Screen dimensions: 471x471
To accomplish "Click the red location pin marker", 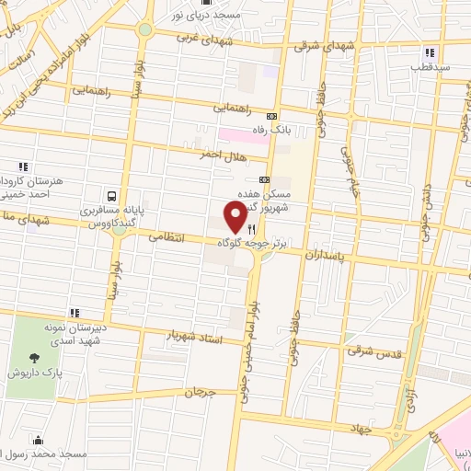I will (x=235, y=217).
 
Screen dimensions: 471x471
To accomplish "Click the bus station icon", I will (x=111, y=196).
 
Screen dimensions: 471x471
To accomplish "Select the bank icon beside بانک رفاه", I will (x=270, y=117).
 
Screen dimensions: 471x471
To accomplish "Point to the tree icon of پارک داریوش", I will (x=35, y=357).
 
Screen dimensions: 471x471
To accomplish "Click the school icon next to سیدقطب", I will (x=429, y=52).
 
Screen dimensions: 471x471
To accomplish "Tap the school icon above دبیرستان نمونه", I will (x=75, y=314).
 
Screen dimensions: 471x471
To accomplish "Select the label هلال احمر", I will (x=222, y=155).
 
